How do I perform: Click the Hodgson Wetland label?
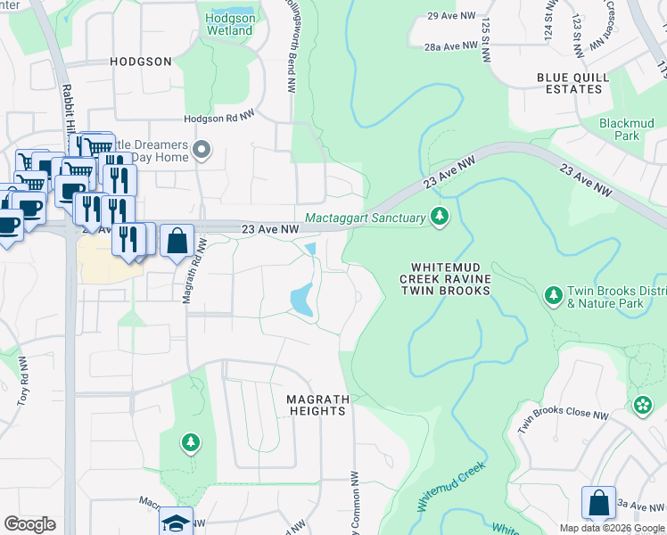229,24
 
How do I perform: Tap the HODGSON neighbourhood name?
140,62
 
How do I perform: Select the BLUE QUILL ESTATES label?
573,83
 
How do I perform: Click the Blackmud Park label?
620,129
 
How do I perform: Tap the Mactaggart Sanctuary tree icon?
439,216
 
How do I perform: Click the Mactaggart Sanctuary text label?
365,217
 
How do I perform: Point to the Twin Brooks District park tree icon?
553,293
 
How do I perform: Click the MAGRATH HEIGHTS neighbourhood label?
317,405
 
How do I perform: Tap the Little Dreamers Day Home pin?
202,151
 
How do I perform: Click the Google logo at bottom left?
29,524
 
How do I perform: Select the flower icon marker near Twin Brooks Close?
642,407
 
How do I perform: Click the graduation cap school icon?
176,522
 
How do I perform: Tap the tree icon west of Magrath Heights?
190,441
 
